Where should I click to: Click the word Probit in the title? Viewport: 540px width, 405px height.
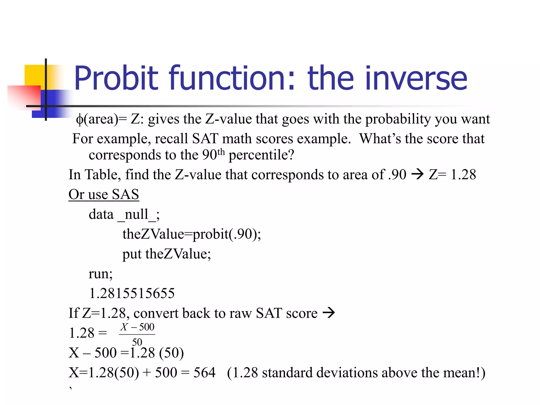[x=116, y=78]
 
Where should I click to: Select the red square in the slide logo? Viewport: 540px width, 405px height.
[x=24, y=96]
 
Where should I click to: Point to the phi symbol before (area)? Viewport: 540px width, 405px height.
[x=79, y=119]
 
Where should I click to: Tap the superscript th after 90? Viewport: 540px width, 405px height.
[x=221, y=152]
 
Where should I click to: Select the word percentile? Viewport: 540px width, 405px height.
[x=261, y=155]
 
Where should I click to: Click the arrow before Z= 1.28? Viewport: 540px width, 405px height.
[x=417, y=174]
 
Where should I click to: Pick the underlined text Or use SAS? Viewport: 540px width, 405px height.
[x=104, y=195]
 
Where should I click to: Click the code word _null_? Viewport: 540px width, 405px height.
[x=137, y=214]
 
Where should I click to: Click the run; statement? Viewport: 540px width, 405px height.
[x=100, y=274]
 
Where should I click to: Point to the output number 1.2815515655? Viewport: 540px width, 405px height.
[x=132, y=293]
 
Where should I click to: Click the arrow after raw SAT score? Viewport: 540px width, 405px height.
[x=329, y=313]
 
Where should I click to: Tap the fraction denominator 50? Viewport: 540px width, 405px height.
[x=137, y=342]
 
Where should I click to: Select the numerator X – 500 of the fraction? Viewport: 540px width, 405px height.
[x=137, y=327]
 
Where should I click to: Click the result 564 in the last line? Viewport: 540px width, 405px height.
[x=204, y=373]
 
